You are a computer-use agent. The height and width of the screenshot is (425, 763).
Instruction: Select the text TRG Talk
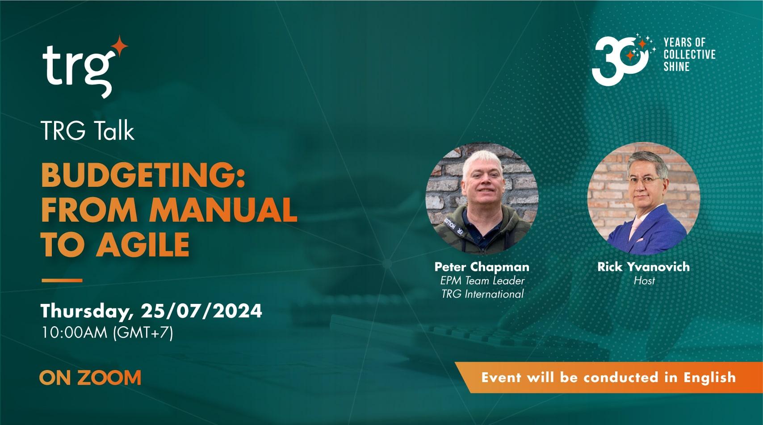pyautogui.click(x=88, y=131)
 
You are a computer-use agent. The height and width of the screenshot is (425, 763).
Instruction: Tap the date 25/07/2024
pyautogui.click(x=201, y=311)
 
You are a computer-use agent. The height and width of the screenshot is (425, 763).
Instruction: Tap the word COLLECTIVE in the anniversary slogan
pyautogui.click(x=689, y=55)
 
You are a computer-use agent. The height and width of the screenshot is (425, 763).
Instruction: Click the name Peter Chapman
pyautogui.click(x=482, y=267)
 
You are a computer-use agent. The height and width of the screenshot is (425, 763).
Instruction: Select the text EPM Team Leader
pyautogui.click(x=482, y=281)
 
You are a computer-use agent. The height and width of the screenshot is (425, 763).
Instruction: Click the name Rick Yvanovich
pyautogui.click(x=643, y=267)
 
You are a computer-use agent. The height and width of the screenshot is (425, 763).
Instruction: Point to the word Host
pyautogui.click(x=644, y=281)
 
